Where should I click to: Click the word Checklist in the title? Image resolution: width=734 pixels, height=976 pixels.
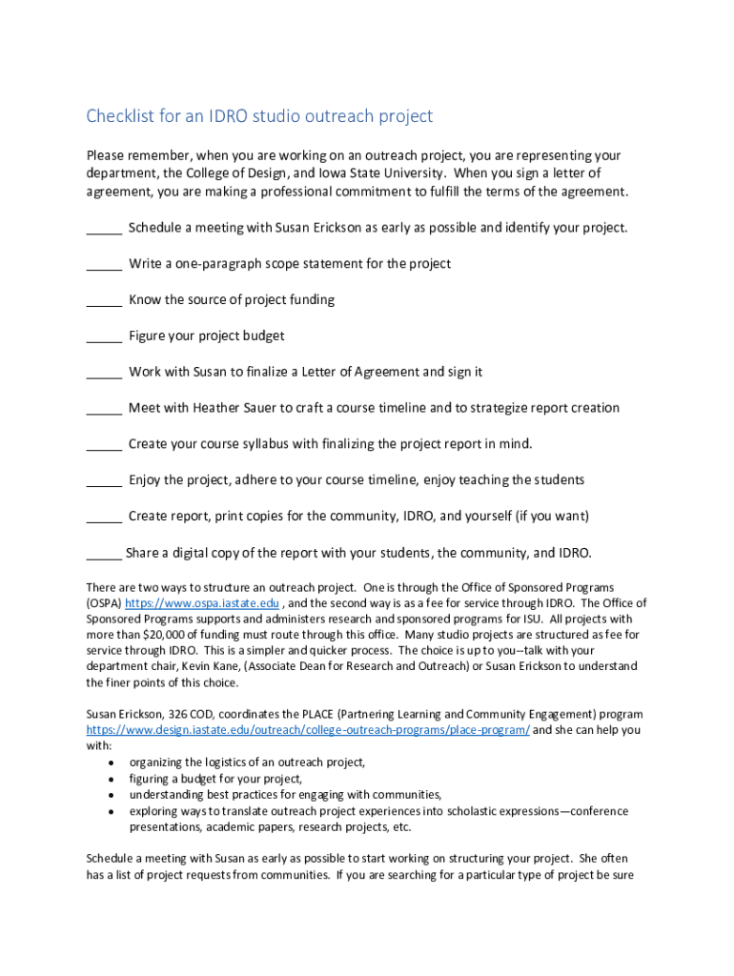tap(119, 116)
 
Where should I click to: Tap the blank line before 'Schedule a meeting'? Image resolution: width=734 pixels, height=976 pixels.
tap(104, 229)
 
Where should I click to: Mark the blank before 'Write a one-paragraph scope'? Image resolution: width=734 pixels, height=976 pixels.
tap(104, 265)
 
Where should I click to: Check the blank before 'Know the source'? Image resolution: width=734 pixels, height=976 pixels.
tap(104, 301)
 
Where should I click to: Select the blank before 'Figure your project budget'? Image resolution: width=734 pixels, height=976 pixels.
tap(104, 337)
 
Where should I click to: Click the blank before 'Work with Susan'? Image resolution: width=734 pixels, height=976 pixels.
tap(104, 374)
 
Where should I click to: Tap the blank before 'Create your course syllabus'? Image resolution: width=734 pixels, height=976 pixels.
tap(104, 445)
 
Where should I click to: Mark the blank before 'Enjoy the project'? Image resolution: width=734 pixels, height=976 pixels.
tap(104, 481)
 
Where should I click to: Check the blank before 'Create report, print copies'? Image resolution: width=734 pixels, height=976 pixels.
tap(104, 518)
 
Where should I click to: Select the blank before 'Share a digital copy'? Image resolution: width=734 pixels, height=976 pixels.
tap(104, 554)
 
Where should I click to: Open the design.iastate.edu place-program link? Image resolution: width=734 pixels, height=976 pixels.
tap(308, 730)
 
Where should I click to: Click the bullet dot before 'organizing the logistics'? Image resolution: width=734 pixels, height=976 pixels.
tap(112, 762)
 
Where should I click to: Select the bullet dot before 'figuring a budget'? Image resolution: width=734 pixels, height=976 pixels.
tap(112, 779)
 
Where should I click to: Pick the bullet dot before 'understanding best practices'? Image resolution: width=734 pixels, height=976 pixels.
tap(112, 795)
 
